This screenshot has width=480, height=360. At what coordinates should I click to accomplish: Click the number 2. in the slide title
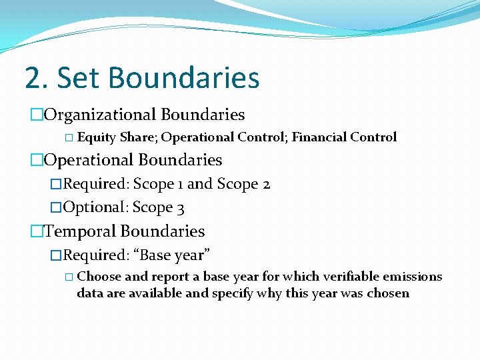pos(36,77)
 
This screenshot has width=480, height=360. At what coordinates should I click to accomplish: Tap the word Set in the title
pos(82,77)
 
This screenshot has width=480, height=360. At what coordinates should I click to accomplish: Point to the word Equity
pos(97,137)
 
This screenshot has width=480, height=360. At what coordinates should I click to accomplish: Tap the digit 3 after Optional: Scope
pos(181,208)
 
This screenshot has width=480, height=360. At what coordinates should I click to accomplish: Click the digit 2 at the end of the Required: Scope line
pos(266,184)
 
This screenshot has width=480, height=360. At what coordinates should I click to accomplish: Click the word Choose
pos(99,276)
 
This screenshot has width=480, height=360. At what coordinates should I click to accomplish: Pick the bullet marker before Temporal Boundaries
pos(36,232)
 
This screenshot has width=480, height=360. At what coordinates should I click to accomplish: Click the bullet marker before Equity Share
pos(71,138)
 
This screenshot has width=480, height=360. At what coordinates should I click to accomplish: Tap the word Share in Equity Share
pos(137,137)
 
